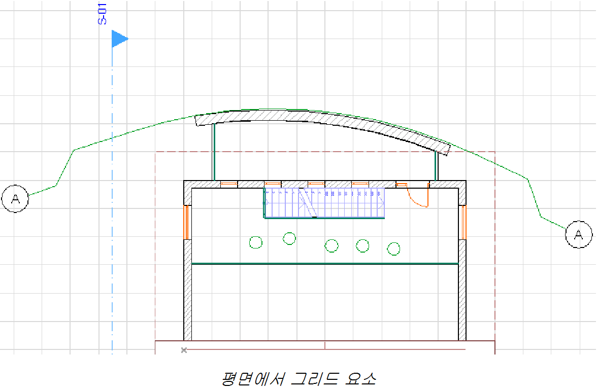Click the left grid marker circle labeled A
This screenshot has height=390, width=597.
click(15, 199)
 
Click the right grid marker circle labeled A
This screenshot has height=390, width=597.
click(578, 234)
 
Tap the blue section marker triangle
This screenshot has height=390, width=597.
click(118, 39)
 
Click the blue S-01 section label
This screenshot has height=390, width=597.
click(102, 14)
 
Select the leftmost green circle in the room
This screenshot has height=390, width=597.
click(256, 242)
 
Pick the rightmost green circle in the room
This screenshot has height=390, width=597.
click(394, 249)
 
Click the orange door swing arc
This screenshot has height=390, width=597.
click(417, 199)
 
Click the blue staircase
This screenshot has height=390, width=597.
click(324, 203)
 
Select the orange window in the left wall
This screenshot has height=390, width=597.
click(186, 222)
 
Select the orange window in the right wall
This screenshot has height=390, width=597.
click(463, 222)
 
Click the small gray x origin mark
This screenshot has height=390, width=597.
click(184, 350)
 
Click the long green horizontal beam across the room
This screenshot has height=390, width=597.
click(325, 264)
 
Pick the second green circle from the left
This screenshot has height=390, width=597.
click(289, 238)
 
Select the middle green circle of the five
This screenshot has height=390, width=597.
click(331, 246)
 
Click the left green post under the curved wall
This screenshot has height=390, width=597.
click(214, 152)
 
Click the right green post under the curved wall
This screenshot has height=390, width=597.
click(436, 165)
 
